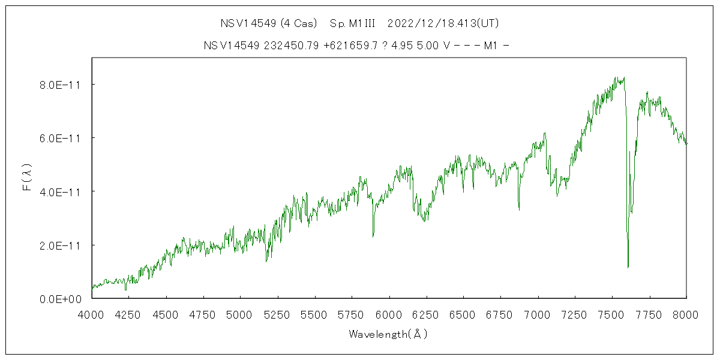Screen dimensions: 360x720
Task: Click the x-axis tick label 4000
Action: (x=92, y=313)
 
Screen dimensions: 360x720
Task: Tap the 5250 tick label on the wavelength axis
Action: (x=277, y=313)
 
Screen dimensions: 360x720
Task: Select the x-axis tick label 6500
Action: (x=463, y=313)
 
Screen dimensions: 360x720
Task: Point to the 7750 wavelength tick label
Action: (x=649, y=313)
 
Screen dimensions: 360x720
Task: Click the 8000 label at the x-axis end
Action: (x=686, y=313)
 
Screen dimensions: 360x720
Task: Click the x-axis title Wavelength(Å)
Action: (x=389, y=334)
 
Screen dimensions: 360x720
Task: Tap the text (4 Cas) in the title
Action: (x=298, y=23)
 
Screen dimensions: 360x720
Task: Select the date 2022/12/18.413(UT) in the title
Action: (x=443, y=23)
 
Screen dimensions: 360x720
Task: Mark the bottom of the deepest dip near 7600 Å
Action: (x=628, y=267)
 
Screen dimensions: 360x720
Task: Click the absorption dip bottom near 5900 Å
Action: (x=373, y=236)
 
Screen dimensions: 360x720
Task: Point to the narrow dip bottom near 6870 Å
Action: (x=519, y=209)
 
